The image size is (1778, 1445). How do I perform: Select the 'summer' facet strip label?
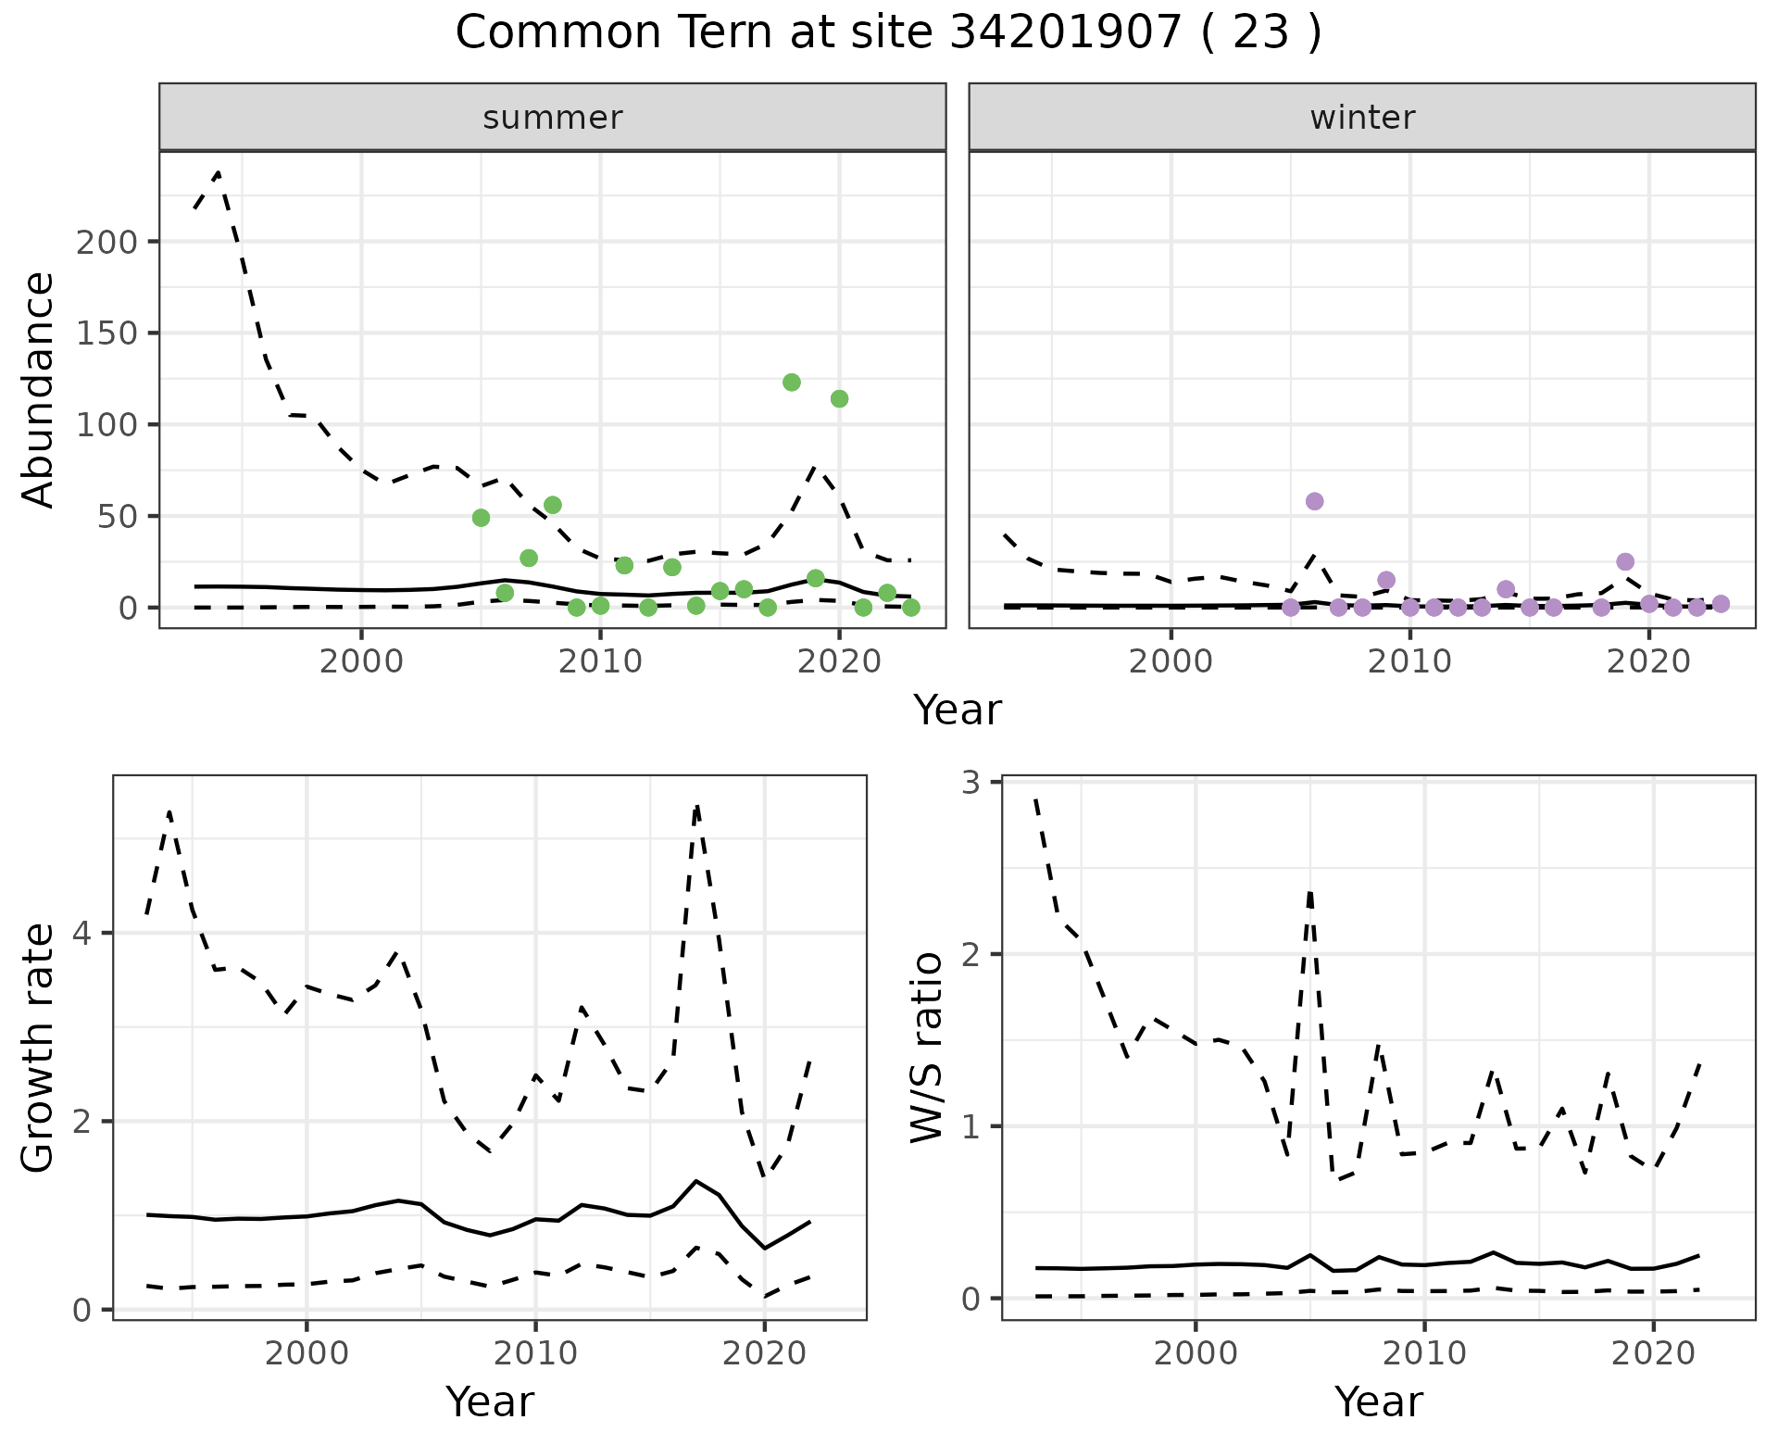(553, 118)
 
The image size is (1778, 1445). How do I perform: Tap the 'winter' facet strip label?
(1362, 118)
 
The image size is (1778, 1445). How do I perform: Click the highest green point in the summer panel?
(792, 383)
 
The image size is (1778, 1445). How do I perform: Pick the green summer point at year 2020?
(839, 399)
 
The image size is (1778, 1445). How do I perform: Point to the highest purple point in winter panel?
(1314, 501)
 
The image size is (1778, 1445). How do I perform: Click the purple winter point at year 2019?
(1625, 562)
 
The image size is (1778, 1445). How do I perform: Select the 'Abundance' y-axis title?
(39, 390)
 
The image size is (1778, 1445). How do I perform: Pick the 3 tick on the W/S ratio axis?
(970, 783)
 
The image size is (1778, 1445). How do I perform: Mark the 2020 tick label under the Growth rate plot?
(763, 1353)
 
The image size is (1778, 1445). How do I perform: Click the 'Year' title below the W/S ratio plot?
(1378, 1402)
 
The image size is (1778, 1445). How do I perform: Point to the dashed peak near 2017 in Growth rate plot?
(696, 808)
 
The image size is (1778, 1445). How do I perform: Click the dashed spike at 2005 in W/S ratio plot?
(1310, 892)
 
